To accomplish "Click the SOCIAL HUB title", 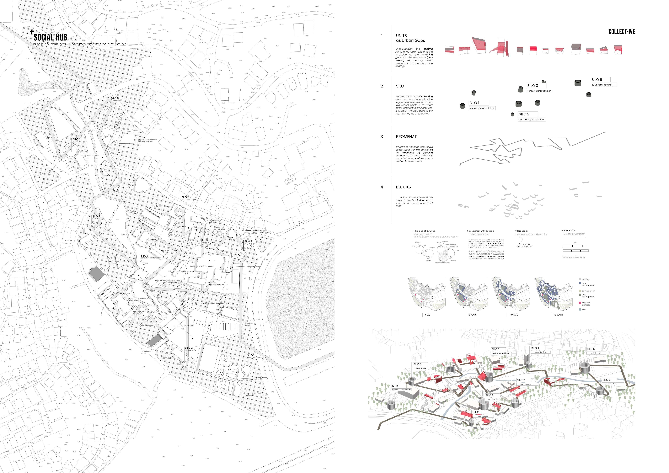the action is tap(50, 37).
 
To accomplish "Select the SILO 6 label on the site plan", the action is tap(115, 98).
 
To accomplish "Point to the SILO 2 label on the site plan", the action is tap(188, 348).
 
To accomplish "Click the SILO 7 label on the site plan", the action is tap(185, 197).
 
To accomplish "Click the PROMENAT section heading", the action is tap(406, 137).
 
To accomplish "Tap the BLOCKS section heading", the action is tap(403, 187).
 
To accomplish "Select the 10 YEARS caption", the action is tap(514, 315).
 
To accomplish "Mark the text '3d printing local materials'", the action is tap(524, 245).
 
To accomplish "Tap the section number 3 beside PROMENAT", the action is tap(382, 137).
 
